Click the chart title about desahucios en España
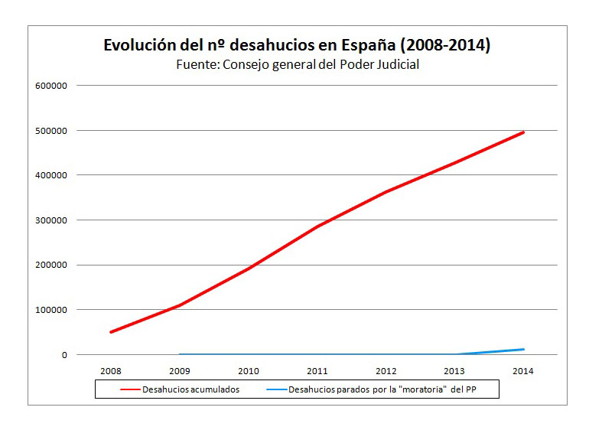click(x=297, y=45)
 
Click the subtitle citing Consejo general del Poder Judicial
click(x=298, y=65)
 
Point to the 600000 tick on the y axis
click(x=53, y=86)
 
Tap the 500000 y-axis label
click(x=53, y=131)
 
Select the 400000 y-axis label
click(x=53, y=175)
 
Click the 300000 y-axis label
click(x=53, y=220)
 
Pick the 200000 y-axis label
click(x=53, y=265)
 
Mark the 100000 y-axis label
click(x=53, y=310)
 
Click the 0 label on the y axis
click(x=64, y=355)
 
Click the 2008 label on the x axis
click(x=111, y=371)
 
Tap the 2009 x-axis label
click(x=180, y=371)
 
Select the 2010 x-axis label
click(x=249, y=371)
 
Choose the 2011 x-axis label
click(x=317, y=371)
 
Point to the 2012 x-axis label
click(x=386, y=371)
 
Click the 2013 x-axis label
click(x=455, y=371)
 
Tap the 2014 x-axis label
click(x=524, y=371)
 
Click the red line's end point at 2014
click(x=524, y=132)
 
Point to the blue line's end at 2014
click(x=524, y=350)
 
